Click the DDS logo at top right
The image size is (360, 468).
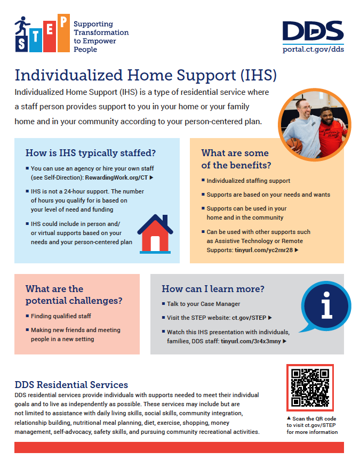pos(313,31)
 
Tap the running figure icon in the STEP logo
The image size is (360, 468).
pos(22,25)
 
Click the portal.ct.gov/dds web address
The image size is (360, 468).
pos(313,50)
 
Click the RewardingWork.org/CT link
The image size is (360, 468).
pos(121,177)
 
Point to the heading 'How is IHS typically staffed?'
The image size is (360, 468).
pos(91,153)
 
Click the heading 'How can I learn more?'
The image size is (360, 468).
pos(213,289)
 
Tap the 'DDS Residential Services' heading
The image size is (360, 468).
pos(71,384)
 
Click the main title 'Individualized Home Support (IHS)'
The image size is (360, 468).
pos(146,75)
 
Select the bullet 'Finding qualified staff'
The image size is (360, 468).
pos(61,316)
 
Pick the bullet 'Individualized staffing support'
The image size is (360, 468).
pos(249,181)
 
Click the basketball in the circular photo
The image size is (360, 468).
pos(292,143)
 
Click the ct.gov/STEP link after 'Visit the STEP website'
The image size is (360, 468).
pos(250,318)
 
